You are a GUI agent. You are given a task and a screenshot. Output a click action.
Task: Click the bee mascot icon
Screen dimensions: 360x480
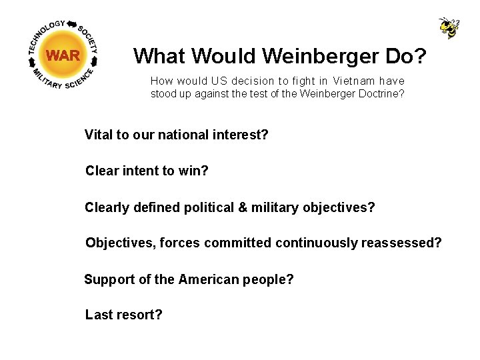coord(449,28)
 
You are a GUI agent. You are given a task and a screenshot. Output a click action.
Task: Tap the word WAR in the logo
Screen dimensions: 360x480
coord(63,55)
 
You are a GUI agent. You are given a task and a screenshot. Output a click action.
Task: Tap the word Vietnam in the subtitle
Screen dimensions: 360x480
coord(351,81)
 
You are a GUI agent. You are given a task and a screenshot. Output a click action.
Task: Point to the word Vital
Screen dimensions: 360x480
coord(99,135)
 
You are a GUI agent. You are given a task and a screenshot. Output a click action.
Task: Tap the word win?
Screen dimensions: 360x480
coord(193,171)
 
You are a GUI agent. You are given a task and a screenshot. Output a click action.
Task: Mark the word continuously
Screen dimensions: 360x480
coord(317,243)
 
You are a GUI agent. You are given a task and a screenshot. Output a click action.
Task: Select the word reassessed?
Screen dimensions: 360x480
coord(401,243)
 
